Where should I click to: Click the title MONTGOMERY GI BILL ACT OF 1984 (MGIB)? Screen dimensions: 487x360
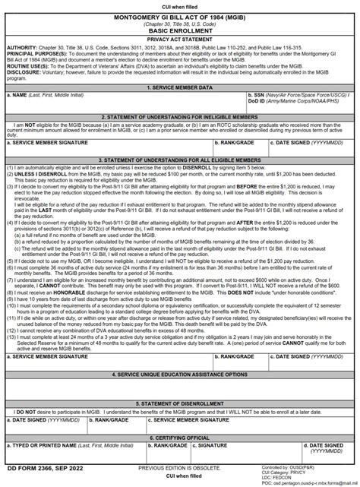tap(180, 16)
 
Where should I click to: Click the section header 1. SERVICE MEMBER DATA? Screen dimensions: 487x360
tap(180, 88)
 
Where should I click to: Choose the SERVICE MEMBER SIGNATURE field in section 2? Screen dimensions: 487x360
tap(106, 144)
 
